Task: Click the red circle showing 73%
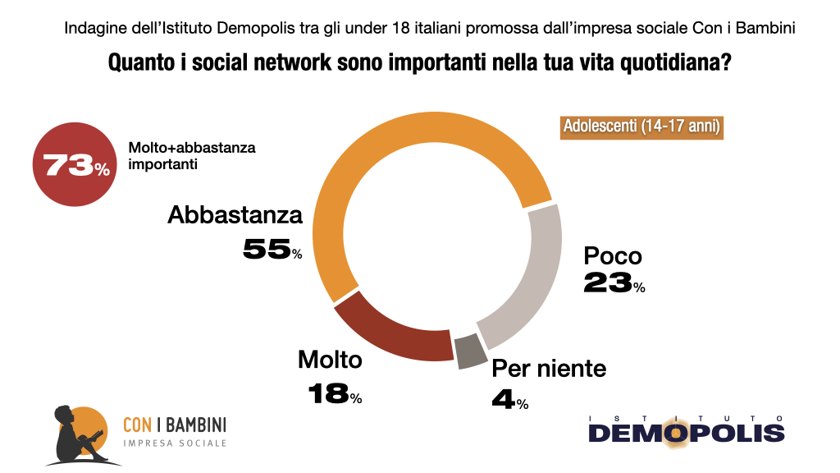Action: tap(74, 165)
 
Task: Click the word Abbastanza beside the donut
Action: tap(235, 216)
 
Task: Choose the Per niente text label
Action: tap(549, 369)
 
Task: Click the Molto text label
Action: tap(330, 360)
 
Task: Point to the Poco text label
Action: tap(612, 255)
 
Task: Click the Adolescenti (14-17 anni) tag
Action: tap(641, 127)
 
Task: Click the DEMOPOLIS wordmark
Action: tap(686, 432)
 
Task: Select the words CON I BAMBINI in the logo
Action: tap(174, 425)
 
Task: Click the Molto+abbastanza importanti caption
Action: tap(192, 155)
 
